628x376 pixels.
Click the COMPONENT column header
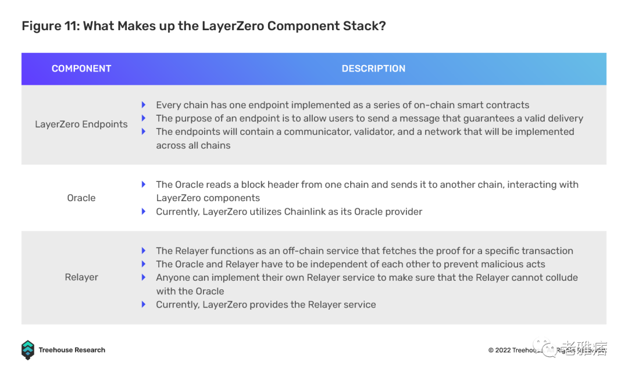[x=81, y=69]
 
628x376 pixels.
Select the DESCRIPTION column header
[x=373, y=69]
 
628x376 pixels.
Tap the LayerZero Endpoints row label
[x=81, y=124]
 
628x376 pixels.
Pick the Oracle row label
[x=81, y=198]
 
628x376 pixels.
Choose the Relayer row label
[x=81, y=278]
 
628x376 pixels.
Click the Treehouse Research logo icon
[x=28, y=350]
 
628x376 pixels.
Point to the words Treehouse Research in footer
[x=72, y=350]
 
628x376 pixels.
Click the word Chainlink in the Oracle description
[x=306, y=212]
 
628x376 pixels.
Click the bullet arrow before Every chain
[x=144, y=105]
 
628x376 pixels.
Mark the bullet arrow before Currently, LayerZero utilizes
[x=144, y=212]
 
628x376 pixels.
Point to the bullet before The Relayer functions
[x=144, y=251]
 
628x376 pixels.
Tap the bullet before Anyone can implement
[x=144, y=278]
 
